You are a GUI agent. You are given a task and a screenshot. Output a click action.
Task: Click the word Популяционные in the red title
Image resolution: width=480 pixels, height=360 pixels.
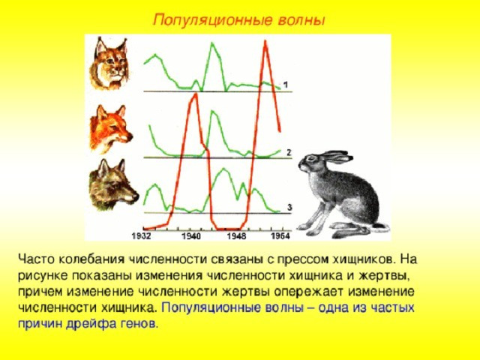(x=213, y=20)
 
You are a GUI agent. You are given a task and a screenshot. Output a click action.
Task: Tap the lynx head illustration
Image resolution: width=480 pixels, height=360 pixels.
(x=109, y=63)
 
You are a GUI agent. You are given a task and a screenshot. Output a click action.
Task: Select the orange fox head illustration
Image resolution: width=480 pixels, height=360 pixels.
(x=111, y=128)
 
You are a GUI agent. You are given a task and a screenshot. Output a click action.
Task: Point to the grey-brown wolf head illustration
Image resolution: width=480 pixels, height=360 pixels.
(x=113, y=184)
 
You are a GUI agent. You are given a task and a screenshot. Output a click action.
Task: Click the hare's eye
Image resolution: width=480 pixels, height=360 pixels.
(x=312, y=158)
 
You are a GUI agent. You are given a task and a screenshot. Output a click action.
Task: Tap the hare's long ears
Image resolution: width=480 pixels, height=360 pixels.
(x=336, y=157)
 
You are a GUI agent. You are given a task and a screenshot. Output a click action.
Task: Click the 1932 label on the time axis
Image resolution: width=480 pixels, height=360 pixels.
(x=142, y=236)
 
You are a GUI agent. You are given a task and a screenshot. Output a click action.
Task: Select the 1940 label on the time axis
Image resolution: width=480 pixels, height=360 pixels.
(x=191, y=236)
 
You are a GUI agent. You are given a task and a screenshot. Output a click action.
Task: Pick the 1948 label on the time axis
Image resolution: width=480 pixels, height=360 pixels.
(x=236, y=236)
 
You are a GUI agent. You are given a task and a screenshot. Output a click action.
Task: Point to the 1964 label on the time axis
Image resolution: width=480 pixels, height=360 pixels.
(x=280, y=236)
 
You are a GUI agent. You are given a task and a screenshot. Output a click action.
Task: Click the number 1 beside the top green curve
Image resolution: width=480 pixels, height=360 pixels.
(x=286, y=84)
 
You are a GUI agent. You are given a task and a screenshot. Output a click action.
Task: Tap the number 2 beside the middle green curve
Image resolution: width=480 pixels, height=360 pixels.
(x=289, y=152)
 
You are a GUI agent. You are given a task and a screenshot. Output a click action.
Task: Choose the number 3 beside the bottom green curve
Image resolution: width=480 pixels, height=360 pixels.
(x=289, y=207)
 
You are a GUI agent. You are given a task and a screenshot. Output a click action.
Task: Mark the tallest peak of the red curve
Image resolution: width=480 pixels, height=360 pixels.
(x=265, y=41)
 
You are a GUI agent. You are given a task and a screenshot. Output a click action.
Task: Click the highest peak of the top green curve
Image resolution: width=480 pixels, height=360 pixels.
(x=211, y=43)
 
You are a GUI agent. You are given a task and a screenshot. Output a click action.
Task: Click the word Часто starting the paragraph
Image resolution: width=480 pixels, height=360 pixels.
(x=36, y=259)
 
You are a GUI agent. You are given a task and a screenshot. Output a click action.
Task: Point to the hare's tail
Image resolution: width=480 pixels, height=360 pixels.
(x=382, y=227)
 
